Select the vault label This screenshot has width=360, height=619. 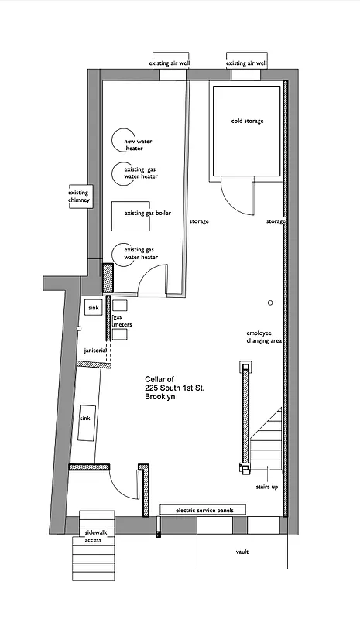(x=242, y=552)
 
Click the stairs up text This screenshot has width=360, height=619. (x=266, y=487)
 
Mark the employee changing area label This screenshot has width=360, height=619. (x=262, y=337)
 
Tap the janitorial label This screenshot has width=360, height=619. (x=98, y=351)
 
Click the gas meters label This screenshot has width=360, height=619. (x=122, y=321)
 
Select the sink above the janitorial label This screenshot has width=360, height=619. (x=92, y=307)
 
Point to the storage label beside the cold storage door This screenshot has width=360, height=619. (x=276, y=221)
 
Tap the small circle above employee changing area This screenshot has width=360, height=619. (x=269, y=302)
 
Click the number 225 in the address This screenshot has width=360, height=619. (x=155, y=388)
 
